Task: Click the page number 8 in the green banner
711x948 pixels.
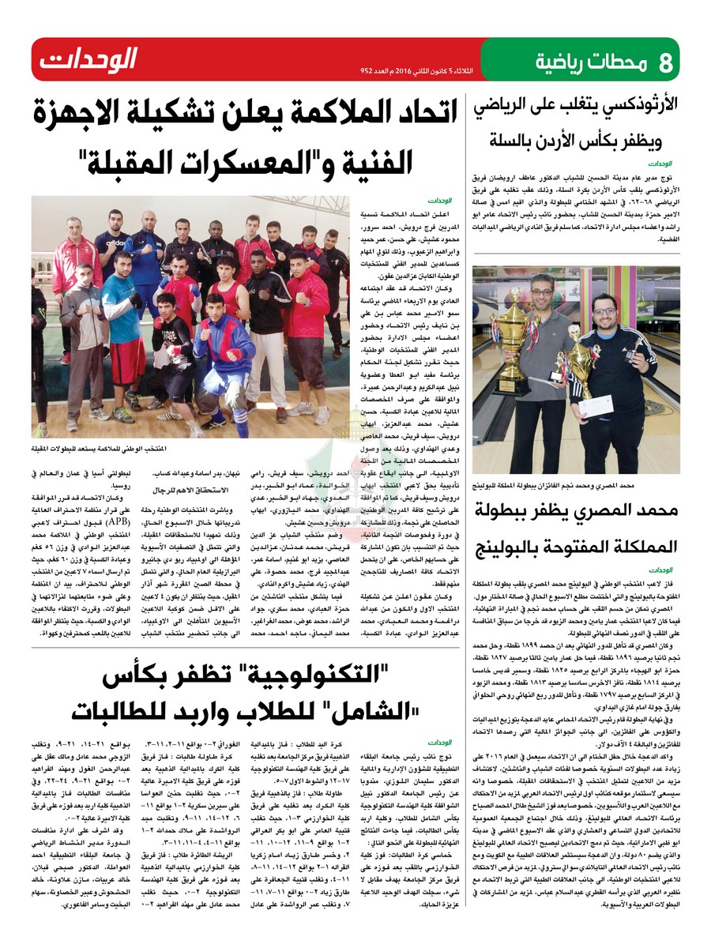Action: [x=665, y=60]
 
